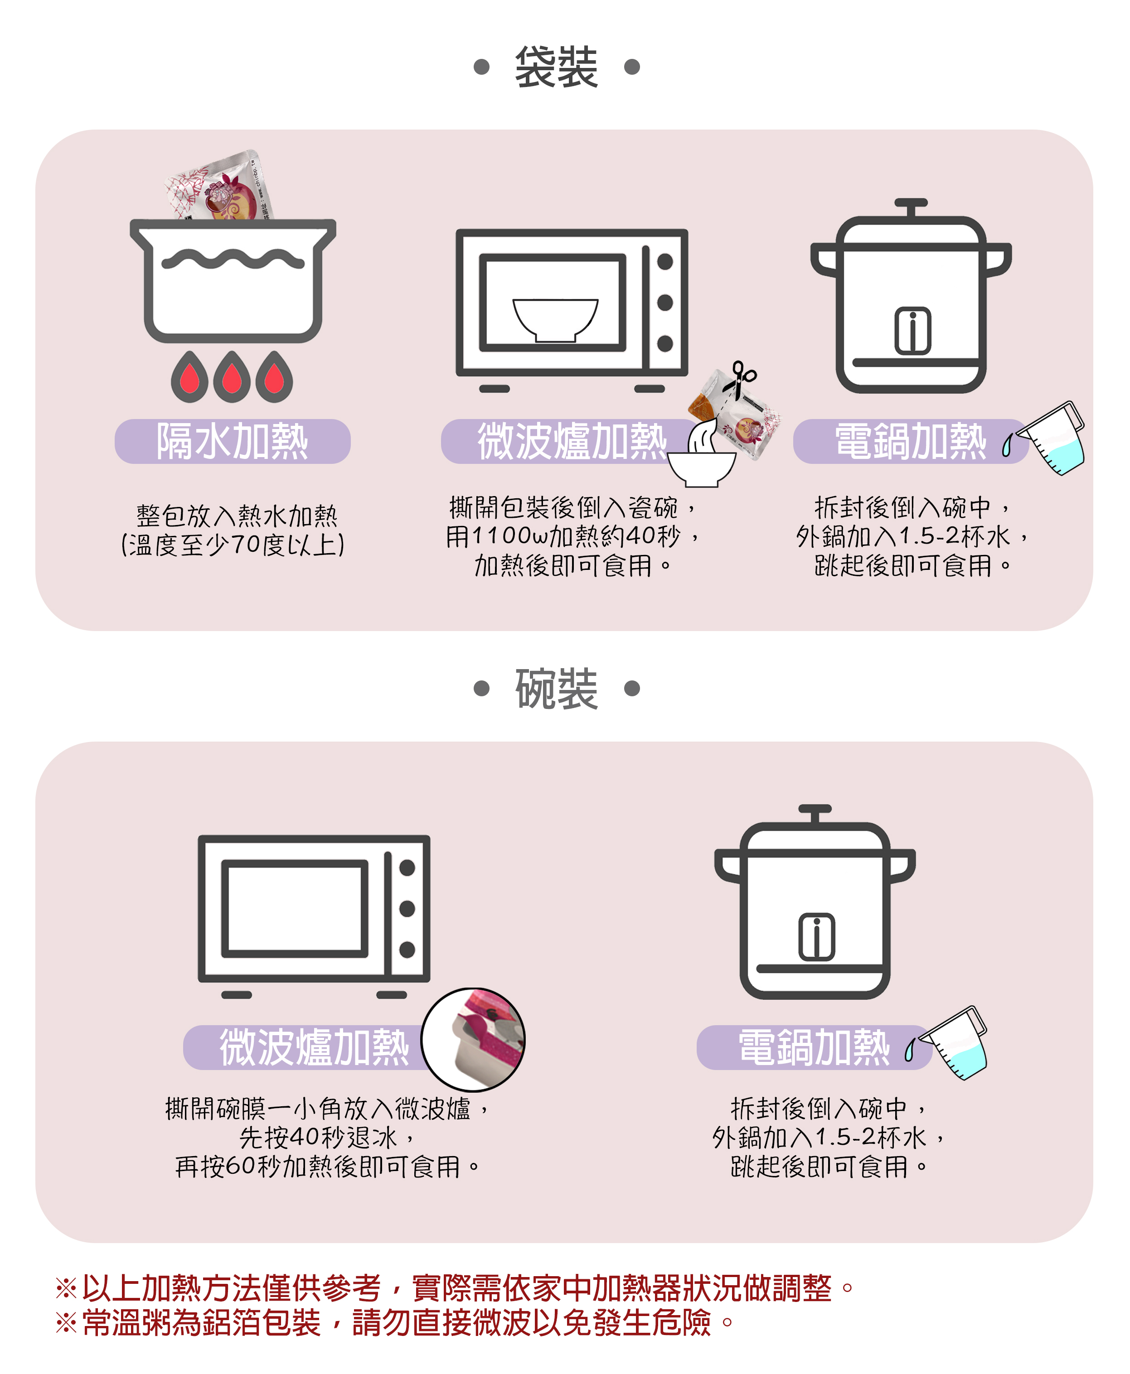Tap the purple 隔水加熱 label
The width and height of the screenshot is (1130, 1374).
tap(233, 441)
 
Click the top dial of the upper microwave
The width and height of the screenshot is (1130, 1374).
tap(664, 261)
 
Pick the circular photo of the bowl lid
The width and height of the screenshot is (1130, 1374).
tap(473, 1039)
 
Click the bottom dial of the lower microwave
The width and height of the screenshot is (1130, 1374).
tap(407, 949)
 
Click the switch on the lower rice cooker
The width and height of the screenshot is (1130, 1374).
tap(816, 937)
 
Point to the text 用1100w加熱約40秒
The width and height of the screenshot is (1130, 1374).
tap(564, 536)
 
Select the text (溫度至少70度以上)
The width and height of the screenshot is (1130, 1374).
tap(233, 545)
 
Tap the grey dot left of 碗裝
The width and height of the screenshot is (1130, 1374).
tap(482, 688)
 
